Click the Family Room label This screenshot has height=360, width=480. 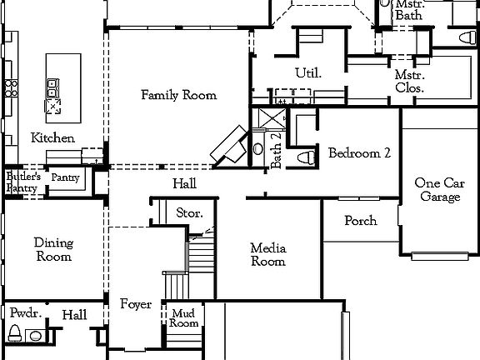point(178,95)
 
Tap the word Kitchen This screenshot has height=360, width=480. point(52,137)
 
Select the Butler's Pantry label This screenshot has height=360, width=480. point(22,182)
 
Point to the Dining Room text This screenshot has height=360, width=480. point(52,250)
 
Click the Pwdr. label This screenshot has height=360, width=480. point(22,313)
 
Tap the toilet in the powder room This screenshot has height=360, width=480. point(14,334)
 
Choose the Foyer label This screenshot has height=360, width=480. point(135,305)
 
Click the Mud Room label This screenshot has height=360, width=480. point(184,318)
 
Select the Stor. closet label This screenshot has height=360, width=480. point(189,213)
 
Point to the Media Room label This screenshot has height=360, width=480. point(268,255)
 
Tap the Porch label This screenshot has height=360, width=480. point(360,221)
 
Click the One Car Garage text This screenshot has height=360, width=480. point(439,190)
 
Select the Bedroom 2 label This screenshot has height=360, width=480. point(359,153)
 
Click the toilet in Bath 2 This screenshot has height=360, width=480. point(304,156)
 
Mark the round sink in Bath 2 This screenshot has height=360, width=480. point(257,151)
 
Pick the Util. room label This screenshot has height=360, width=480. point(307,73)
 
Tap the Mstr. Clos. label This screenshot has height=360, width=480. point(409,81)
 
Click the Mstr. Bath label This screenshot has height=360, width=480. point(409,9)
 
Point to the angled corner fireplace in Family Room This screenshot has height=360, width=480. point(229,147)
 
